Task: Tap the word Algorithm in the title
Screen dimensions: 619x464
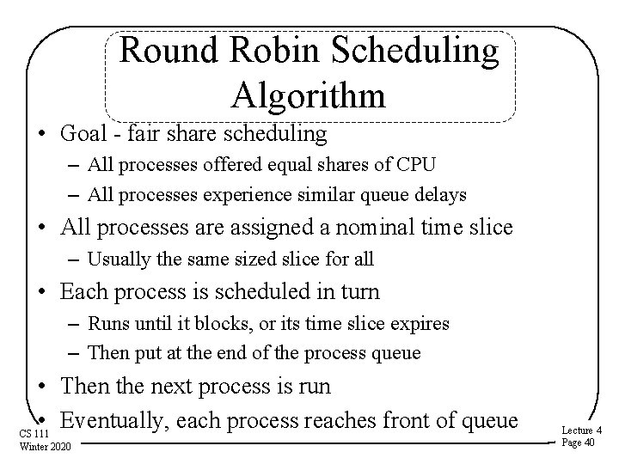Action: point(309,95)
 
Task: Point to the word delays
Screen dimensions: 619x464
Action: point(441,194)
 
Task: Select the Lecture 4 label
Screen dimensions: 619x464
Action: point(580,430)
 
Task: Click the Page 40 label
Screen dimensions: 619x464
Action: point(578,442)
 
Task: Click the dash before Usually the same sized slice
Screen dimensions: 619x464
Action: point(72,258)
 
